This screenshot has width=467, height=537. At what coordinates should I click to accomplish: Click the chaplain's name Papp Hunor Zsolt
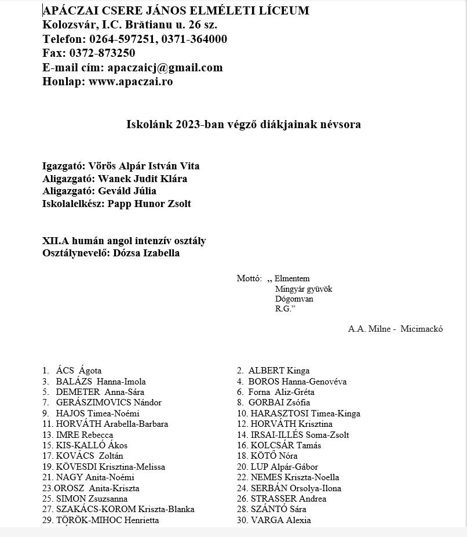point(149,204)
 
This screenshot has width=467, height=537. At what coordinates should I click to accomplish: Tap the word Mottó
point(249,279)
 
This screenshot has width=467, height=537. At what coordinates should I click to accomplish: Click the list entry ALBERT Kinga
point(279,371)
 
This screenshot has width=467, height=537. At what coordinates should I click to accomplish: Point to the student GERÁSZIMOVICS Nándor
point(109,402)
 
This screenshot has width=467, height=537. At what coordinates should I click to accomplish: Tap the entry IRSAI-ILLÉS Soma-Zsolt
point(300,435)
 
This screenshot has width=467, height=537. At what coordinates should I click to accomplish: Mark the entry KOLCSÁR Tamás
point(286,445)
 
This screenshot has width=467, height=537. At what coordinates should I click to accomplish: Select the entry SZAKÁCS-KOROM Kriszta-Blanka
point(125,509)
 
